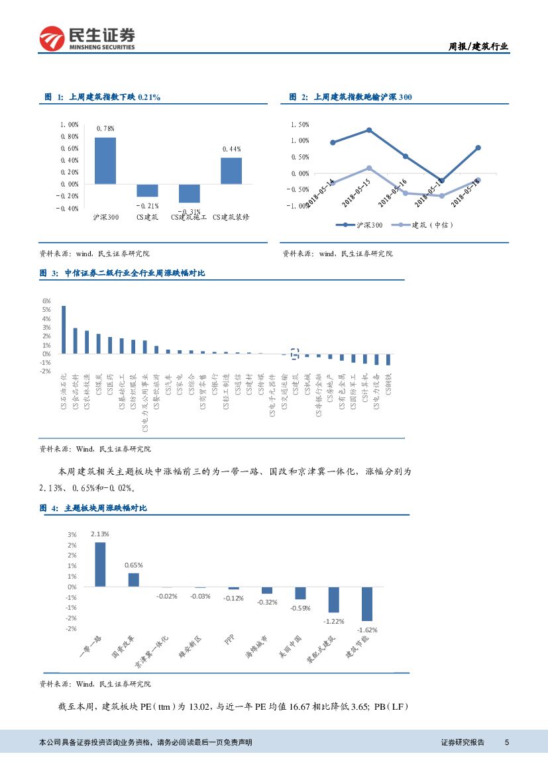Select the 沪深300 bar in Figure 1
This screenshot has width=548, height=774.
pyautogui.click(x=105, y=160)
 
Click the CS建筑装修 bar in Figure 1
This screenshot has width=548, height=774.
pyautogui.click(x=231, y=171)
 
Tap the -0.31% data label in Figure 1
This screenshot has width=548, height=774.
pyautogui.click(x=189, y=212)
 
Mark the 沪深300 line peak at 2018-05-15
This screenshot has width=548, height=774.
pyautogui.click(x=369, y=130)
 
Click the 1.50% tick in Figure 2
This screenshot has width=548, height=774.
pyautogui.click(x=300, y=124)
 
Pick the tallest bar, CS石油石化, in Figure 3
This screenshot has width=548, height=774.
pyautogui.click(x=64, y=329)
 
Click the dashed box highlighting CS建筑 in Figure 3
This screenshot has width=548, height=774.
pyautogui.click(x=296, y=353)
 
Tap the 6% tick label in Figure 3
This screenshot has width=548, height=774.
pyautogui.click(x=46, y=301)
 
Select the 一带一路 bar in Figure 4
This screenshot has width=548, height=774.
pyautogui.click(x=100, y=564)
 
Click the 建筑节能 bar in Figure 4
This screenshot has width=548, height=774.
pyautogui.click(x=366, y=603)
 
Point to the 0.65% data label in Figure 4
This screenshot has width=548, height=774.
pyautogui.click(x=134, y=565)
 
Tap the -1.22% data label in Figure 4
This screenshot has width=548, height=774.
pyautogui.click(x=333, y=621)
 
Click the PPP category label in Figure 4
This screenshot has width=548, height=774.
pyautogui.click(x=229, y=640)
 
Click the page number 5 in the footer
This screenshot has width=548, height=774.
pyautogui.click(x=507, y=742)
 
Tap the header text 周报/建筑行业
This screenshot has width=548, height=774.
pyautogui.click(x=479, y=46)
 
